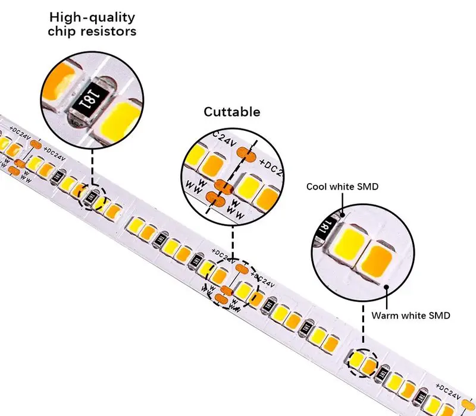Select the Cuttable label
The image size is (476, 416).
pos(232,112)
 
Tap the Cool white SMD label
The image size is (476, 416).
pos(342,187)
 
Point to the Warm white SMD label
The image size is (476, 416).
pos(411,315)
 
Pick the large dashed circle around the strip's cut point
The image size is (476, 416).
pos(232,284)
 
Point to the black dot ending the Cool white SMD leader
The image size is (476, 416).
pos(344,214)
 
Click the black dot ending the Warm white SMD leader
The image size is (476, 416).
pos(387,288)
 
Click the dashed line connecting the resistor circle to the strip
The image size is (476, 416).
pos(92,166)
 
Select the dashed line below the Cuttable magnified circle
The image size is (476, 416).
pos(233,244)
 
